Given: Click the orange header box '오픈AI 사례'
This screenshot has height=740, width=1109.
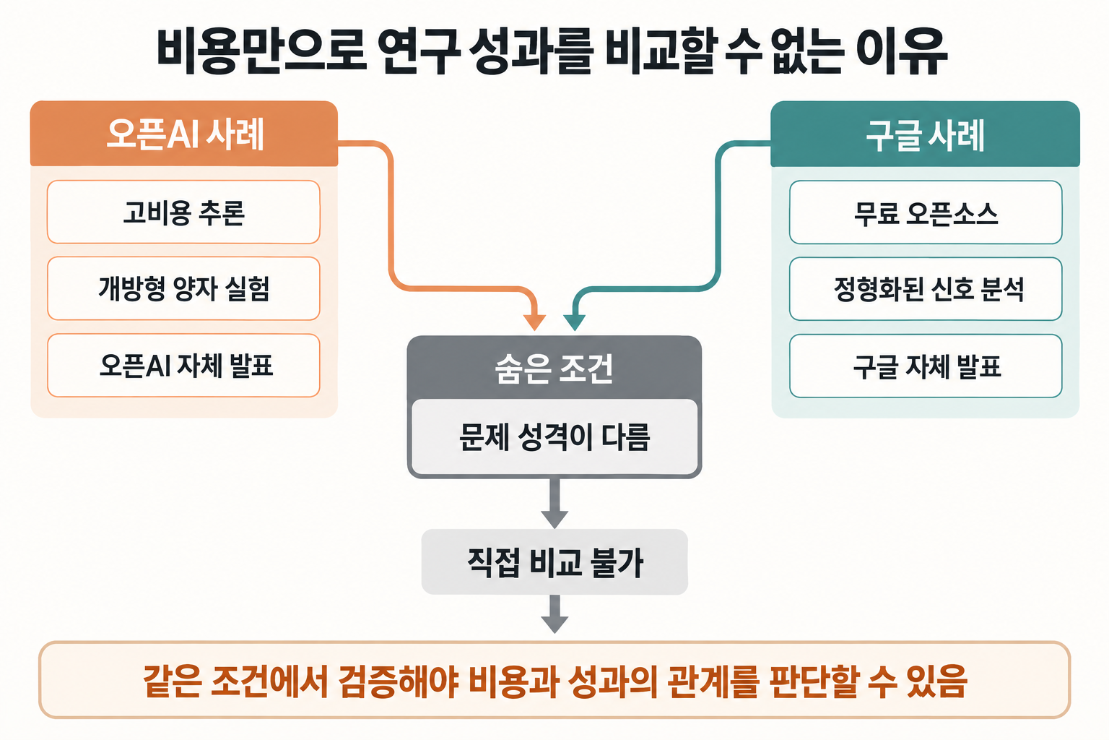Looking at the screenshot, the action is [x=183, y=133].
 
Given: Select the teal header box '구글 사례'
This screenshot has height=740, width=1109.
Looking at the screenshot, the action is [x=925, y=134].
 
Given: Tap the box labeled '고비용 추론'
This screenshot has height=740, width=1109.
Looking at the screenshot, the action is [x=183, y=212].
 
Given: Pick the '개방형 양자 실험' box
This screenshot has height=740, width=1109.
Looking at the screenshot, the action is [x=183, y=288].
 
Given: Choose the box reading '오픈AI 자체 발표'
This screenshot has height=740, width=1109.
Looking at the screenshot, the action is [x=183, y=365].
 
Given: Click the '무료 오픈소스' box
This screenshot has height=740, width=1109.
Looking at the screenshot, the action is [x=926, y=212].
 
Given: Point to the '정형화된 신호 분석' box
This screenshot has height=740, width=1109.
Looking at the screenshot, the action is [x=926, y=289].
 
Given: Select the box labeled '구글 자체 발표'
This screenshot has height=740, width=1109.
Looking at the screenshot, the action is [x=926, y=366].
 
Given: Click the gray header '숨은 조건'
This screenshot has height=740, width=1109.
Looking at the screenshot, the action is [x=554, y=368].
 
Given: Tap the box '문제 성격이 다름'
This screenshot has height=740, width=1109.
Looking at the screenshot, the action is [x=554, y=436].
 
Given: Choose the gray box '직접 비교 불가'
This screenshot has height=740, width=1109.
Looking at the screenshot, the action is [x=554, y=562].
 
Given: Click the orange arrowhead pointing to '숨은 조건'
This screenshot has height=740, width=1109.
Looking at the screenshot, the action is [x=535, y=322].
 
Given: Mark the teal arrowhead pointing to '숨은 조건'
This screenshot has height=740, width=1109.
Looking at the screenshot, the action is [x=574, y=322].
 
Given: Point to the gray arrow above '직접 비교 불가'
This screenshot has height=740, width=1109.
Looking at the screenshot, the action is [x=554, y=504].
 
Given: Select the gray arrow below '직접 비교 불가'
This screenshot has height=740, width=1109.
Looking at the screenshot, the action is [x=554, y=614].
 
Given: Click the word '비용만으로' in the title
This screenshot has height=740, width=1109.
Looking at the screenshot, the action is [x=262, y=51].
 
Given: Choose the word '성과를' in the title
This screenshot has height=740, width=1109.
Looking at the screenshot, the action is [x=531, y=51].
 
